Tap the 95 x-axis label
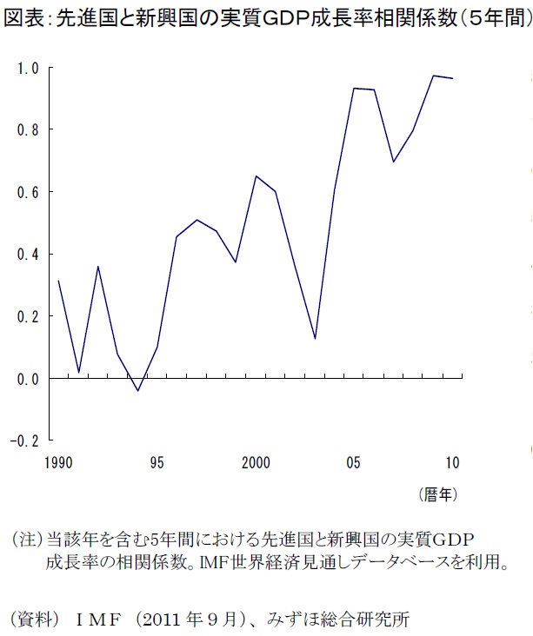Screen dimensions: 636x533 point(157,462)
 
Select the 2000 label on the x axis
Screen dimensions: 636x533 point(256,462)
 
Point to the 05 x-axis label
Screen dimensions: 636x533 point(354,462)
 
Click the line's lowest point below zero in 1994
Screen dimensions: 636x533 point(137,391)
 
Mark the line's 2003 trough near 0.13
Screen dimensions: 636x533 point(315,339)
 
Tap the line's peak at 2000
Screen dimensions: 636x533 point(256,176)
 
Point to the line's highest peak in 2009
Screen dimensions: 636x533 point(433,76)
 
